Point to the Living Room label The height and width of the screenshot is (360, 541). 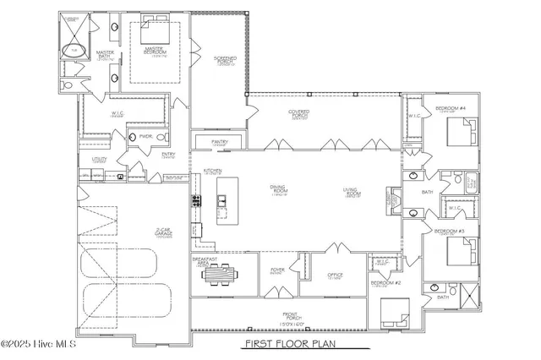coord(354,192)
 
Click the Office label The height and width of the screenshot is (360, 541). coord(334,276)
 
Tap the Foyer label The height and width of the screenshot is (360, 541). coord(277,271)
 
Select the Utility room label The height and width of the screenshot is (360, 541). coord(99,158)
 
